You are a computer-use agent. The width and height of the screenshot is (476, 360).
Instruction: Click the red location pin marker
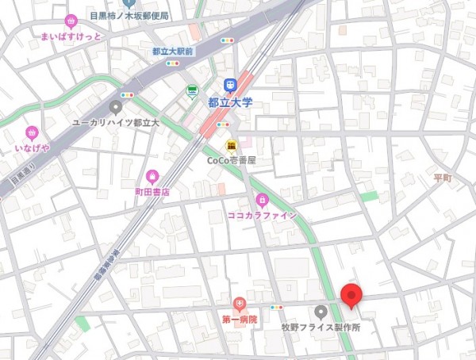(352, 295)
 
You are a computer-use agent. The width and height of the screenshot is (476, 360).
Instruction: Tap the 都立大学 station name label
(230, 101)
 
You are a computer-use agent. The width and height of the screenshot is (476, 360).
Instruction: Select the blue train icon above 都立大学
(230, 85)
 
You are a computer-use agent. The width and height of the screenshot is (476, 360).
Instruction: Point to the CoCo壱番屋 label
(232, 160)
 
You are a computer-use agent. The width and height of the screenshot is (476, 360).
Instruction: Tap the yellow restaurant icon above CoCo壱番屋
(231, 146)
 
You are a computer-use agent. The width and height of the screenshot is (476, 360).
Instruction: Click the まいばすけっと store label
(71, 36)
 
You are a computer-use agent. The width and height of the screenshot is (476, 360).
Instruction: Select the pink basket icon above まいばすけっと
(71, 21)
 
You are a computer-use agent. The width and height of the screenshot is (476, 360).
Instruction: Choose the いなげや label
(32, 148)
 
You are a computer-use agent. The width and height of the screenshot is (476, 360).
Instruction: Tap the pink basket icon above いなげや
(32, 133)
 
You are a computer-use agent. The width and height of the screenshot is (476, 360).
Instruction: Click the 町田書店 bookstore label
(152, 192)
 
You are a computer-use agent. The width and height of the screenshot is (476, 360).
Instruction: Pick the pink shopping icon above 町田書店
(152, 177)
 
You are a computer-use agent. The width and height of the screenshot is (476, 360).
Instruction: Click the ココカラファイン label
(262, 215)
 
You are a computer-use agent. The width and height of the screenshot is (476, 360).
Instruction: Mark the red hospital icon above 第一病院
(240, 304)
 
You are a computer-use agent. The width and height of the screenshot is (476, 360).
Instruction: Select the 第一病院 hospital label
(240, 320)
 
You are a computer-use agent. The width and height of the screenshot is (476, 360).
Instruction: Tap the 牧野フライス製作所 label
(321, 327)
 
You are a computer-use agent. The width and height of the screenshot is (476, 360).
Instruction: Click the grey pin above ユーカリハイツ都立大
(116, 107)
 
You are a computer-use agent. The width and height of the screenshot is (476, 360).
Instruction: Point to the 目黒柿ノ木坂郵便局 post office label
(129, 15)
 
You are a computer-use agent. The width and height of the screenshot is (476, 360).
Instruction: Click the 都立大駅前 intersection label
(173, 51)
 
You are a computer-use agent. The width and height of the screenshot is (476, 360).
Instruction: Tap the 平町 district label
(443, 178)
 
